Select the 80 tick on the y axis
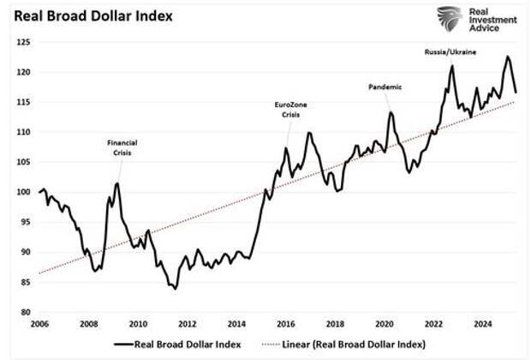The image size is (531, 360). click(x=25, y=312)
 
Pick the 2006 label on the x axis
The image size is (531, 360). click(x=39, y=324)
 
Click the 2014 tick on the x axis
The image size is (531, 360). click(x=236, y=324)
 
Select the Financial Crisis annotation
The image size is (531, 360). click(x=122, y=147)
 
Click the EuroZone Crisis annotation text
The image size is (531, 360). click(x=289, y=110)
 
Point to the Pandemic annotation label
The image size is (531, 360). click(x=385, y=87)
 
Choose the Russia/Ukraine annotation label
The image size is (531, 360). click(x=450, y=52)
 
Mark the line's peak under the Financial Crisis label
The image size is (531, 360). click(x=117, y=183)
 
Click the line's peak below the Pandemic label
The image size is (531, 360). click(x=391, y=112)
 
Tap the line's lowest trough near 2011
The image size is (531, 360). click(x=175, y=289)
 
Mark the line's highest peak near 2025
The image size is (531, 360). click(x=508, y=57)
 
